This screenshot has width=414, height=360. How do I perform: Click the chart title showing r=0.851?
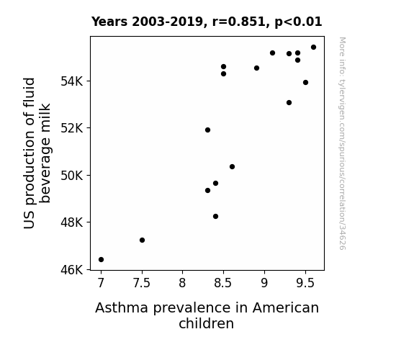click(207, 22)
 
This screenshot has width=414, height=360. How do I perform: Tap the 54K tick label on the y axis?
click(72, 81)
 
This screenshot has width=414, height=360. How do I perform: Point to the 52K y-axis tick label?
click(72, 128)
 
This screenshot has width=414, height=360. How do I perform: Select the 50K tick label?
click(72, 176)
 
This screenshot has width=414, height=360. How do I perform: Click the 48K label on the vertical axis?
click(72, 222)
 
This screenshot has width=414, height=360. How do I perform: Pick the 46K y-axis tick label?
click(72, 270)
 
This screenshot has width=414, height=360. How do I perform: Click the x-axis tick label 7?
click(101, 283)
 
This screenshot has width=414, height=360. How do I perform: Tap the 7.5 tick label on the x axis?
click(142, 283)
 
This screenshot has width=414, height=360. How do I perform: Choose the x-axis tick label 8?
click(182, 283)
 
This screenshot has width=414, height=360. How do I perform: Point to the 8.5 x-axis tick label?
click(223, 283)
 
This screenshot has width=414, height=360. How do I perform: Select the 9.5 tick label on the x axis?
click(305, 283)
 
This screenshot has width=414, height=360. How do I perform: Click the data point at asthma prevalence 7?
click(101, 260)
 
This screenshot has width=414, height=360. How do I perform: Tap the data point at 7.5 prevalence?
click(142, 240)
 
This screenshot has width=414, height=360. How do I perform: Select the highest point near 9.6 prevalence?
click(313, 48)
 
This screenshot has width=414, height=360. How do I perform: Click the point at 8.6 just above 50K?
click(232, 166)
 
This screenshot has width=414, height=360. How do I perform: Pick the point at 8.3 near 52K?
click(207, 130)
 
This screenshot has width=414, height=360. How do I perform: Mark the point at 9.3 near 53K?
click(289, 102)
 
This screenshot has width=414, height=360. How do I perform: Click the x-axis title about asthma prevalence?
click(207, 315)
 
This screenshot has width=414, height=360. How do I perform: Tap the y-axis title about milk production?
click(37, 153)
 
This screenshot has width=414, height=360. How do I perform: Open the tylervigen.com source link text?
click(342, 143)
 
